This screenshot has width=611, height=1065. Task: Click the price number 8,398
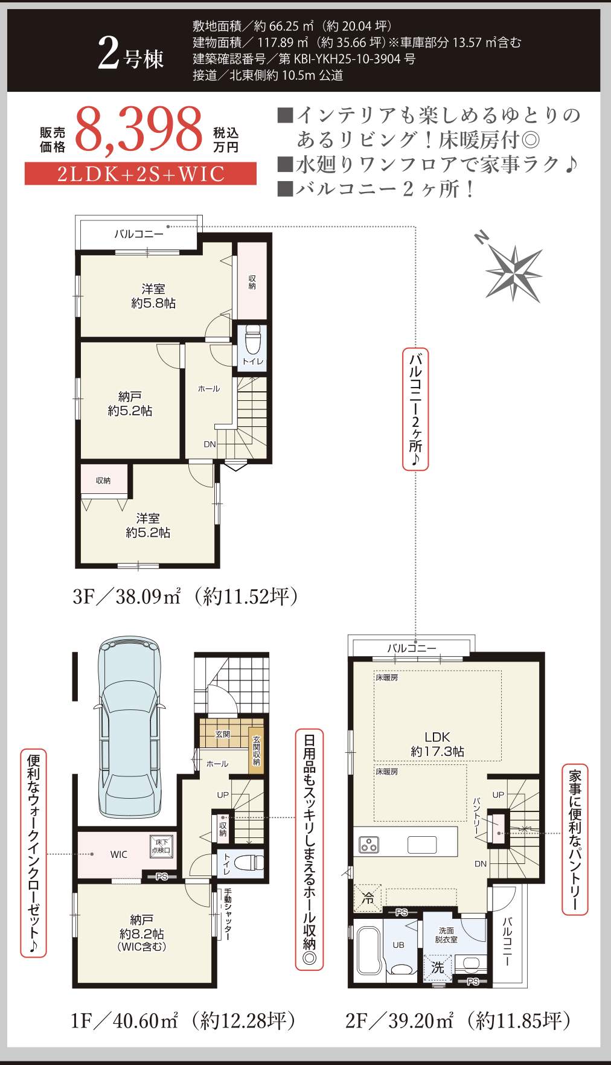click(139, 129)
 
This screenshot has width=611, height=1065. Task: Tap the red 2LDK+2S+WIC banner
click(141, 174)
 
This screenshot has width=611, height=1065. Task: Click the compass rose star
click(513, 272)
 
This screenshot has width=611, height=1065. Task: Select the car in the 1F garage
click(130, 728)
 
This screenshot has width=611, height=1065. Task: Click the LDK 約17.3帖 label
click(437, 744)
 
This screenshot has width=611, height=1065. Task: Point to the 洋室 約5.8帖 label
click(153, 296)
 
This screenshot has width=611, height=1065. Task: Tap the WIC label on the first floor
click(119, 854)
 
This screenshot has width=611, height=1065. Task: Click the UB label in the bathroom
click(398, 945)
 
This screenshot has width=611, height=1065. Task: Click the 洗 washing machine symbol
click(438, 967)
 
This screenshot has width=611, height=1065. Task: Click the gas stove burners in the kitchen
click(369, 844)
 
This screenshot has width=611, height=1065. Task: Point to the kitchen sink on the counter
click(421, 844)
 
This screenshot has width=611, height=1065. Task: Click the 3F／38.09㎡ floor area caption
click(185, 596)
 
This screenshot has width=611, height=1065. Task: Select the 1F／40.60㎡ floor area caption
click(184, 1020)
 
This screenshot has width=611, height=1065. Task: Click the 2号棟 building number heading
click(131, 56)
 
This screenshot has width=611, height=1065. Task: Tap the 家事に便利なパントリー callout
click(575, 839)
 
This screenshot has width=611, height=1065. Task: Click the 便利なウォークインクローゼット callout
click(33, 854)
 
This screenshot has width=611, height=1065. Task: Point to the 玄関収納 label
click(257, 750)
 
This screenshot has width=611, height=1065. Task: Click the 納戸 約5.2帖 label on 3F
click(130, 404)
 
